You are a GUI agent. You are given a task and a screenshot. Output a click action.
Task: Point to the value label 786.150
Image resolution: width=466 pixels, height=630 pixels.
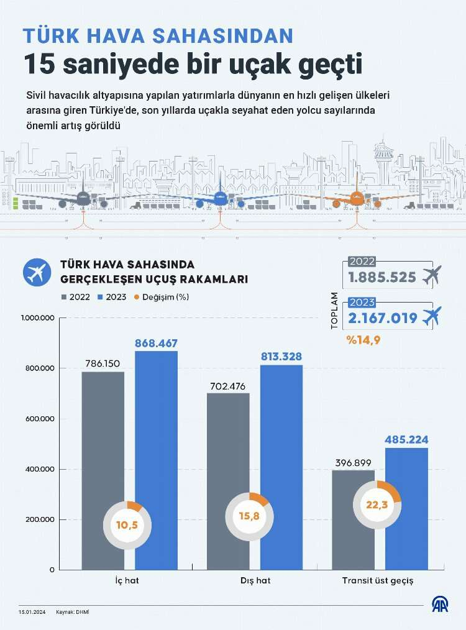click(103, 363)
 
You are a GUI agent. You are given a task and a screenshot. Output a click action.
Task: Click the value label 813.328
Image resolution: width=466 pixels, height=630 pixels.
click(281, 356)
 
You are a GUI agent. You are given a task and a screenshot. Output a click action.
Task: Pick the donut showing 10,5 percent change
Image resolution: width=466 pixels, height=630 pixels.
click(127, 525)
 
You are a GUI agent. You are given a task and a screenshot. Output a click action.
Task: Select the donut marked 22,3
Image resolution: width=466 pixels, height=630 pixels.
click(377, 504)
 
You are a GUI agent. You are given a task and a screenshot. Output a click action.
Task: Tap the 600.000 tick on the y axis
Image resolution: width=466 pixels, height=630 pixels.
click(39, 419)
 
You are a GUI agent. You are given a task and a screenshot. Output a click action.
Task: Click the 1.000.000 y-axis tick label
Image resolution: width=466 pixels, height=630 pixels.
click(39, 318)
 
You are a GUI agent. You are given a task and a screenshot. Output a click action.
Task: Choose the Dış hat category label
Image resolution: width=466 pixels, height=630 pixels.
click(255, 581)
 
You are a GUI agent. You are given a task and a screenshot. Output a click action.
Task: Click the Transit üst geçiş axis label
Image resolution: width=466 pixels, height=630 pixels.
click(377, 581)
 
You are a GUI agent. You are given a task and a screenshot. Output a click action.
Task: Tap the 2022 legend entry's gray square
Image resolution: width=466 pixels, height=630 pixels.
click(64, 297)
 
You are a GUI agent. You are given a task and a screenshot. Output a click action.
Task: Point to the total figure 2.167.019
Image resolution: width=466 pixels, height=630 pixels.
click(382, 318)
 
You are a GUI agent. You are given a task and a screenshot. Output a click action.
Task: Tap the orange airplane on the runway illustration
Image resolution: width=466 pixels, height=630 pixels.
click(357, 199)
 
